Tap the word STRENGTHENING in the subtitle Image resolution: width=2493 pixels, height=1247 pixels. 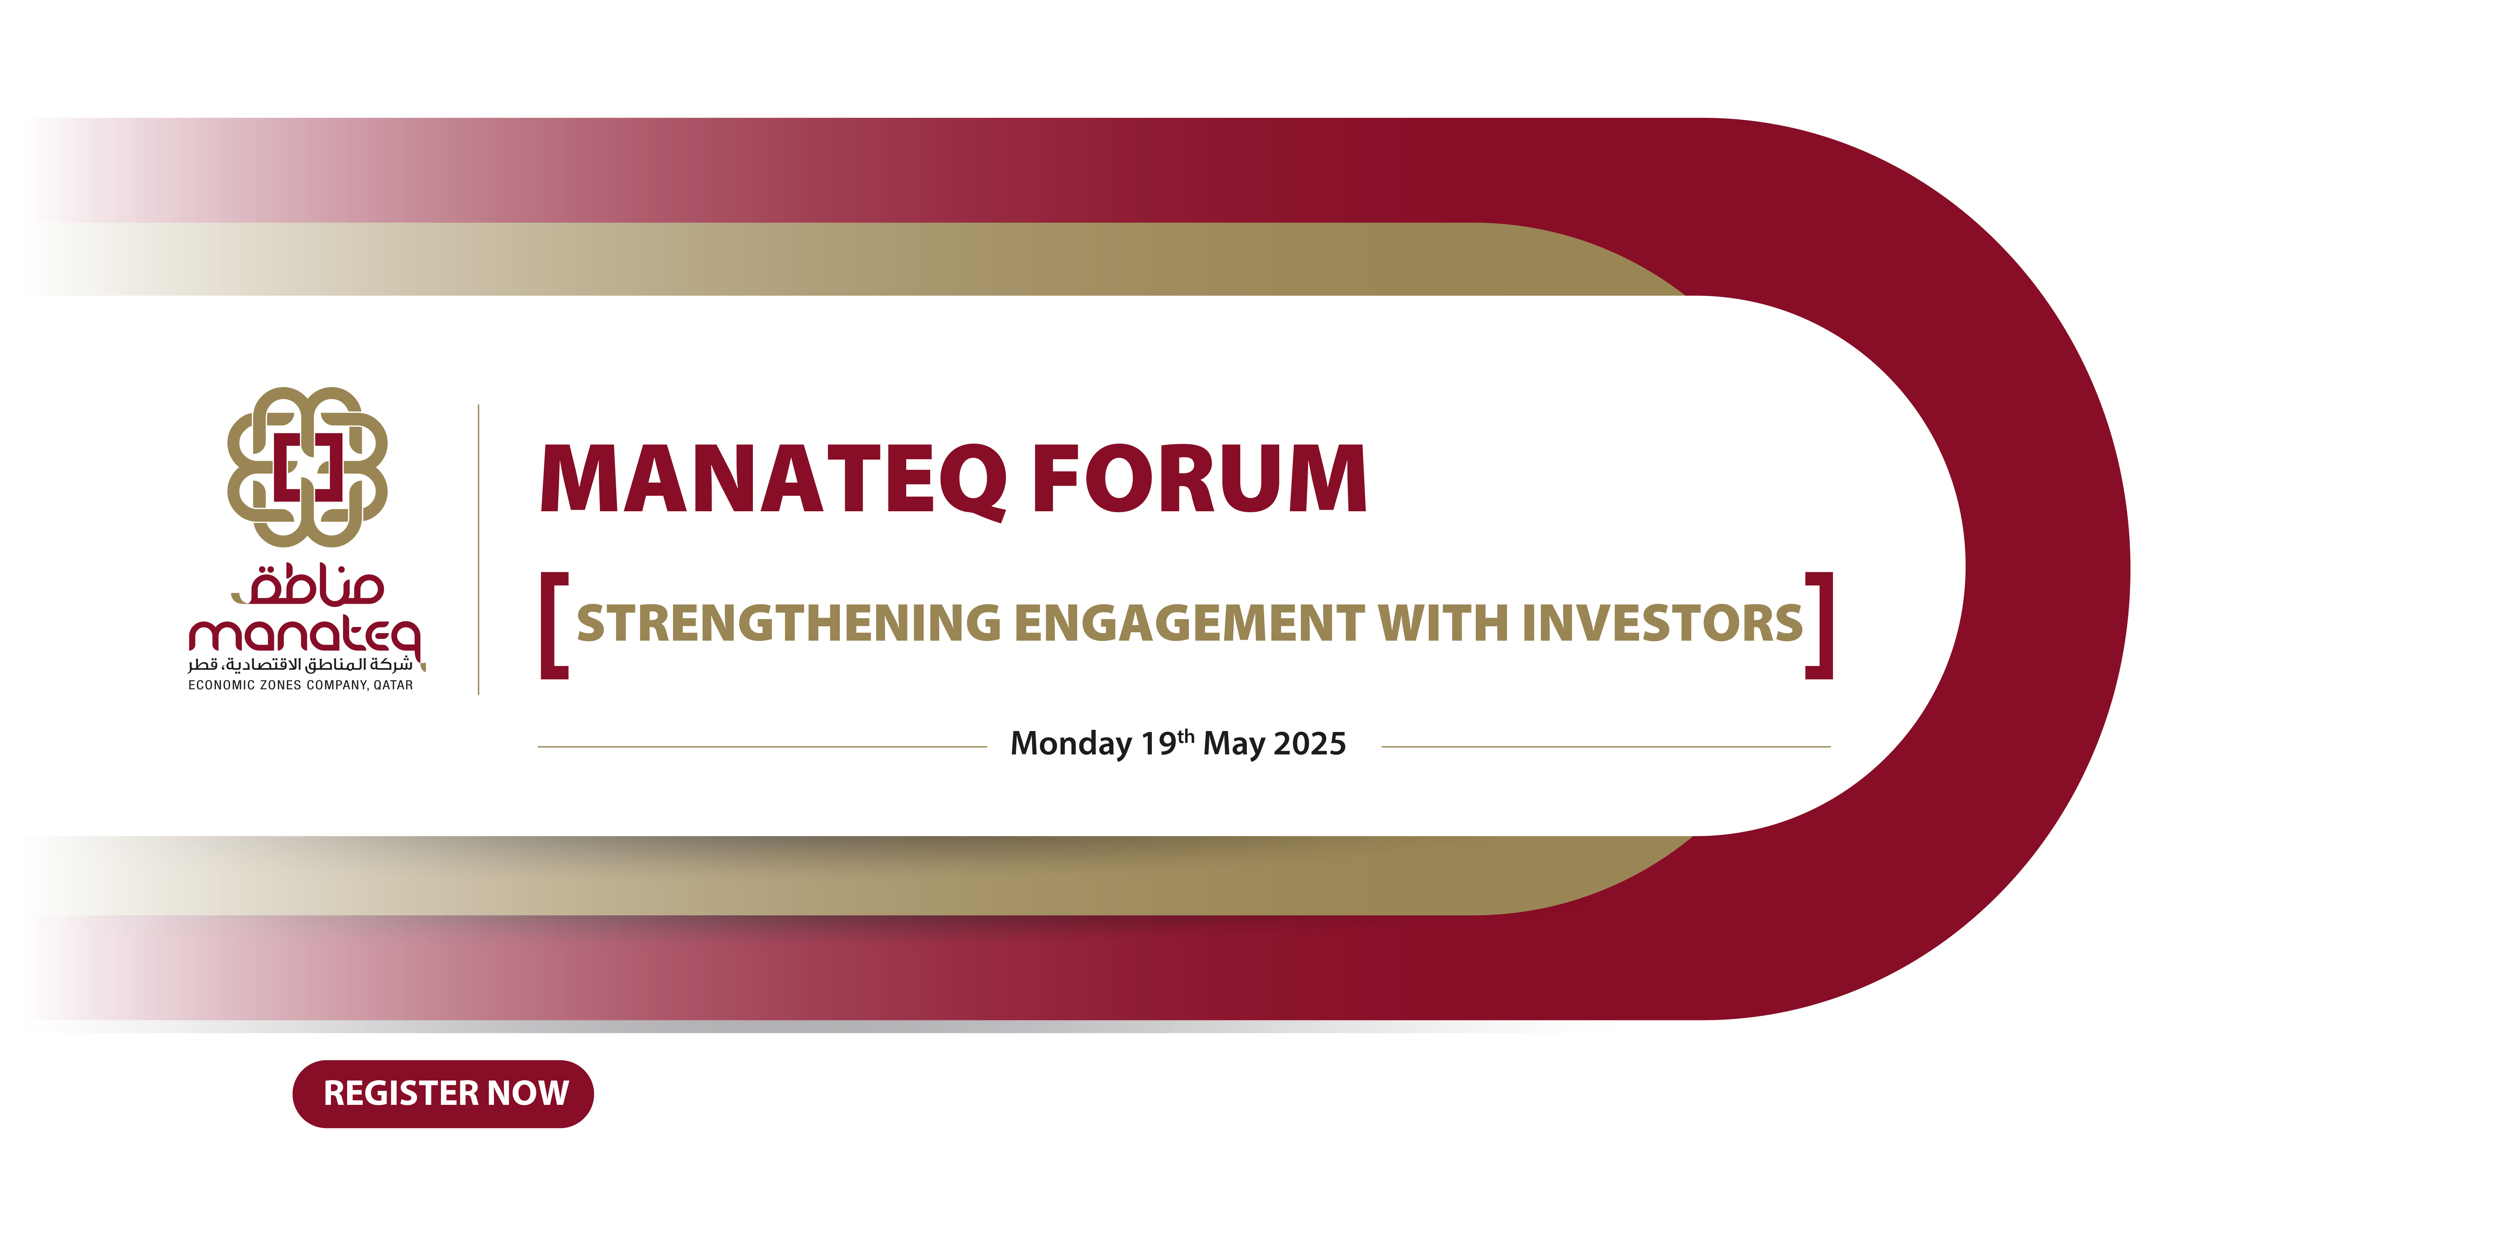(x=789, y=623)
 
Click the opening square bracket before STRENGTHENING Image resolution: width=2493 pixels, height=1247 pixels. (x=553, y=625)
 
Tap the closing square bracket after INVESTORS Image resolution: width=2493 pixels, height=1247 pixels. (x=1820, y=625)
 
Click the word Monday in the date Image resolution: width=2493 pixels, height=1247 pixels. (x=1070, y=744)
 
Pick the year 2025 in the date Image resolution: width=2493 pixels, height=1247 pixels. (x=1309, y=744)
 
